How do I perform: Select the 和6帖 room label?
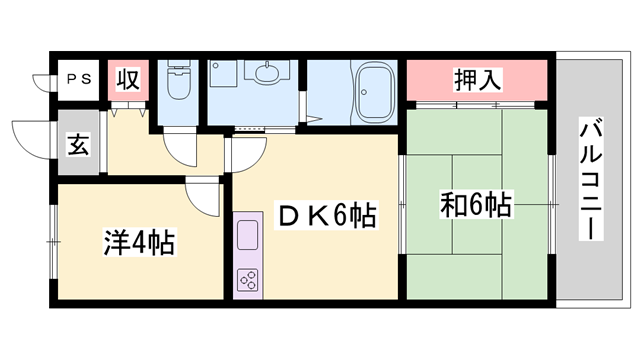point(476,206)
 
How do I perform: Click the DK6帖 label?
point(326,214)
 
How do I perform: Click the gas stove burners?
point(247,279)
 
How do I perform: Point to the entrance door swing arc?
point(28,140)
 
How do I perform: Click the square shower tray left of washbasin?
point(222,74)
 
